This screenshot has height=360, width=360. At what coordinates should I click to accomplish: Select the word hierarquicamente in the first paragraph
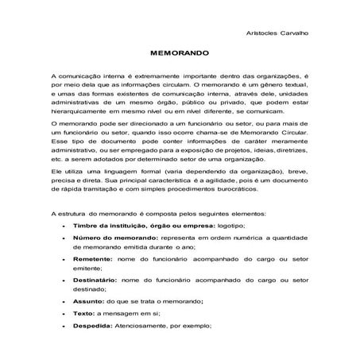click(x=79, y=113)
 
